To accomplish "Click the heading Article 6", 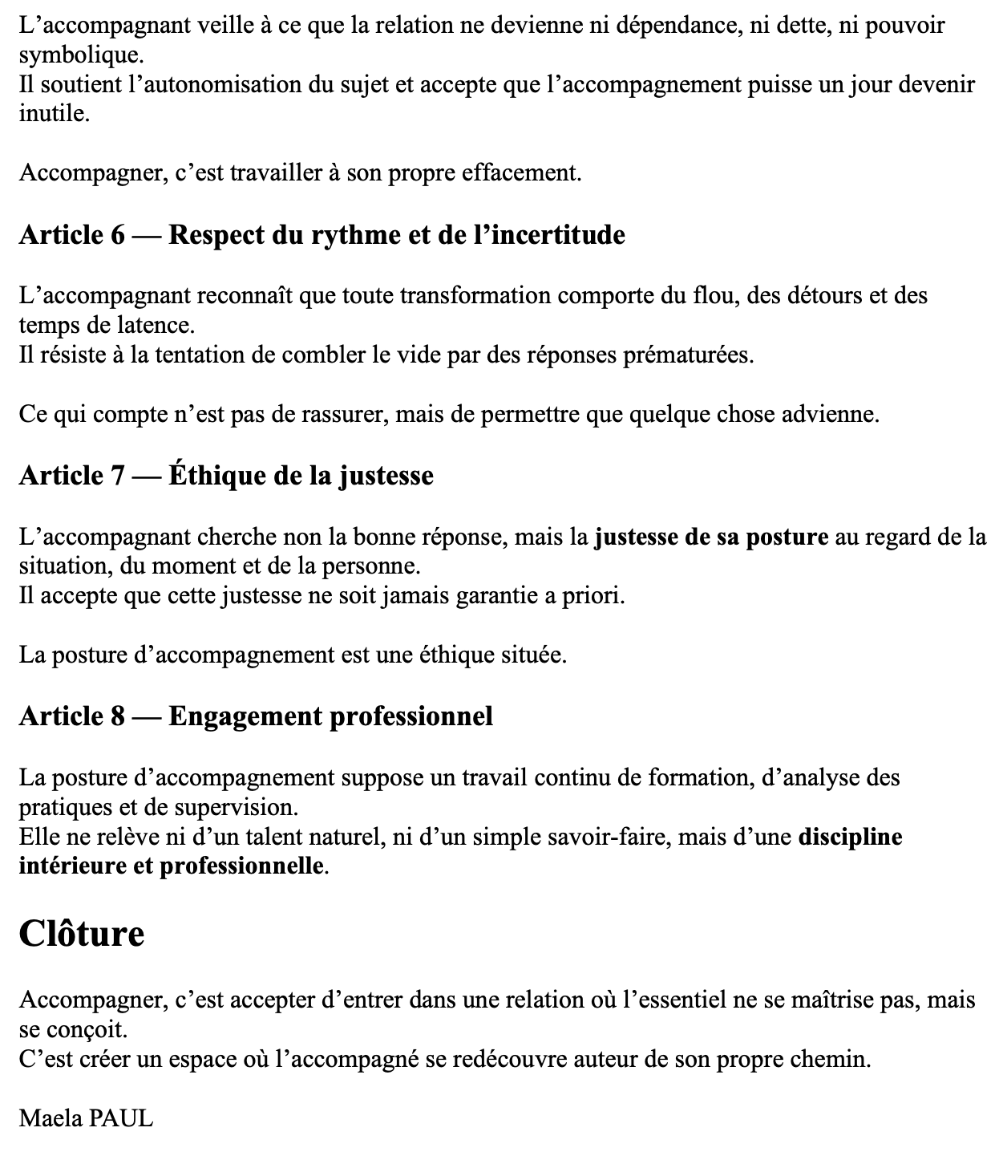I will point(322,235).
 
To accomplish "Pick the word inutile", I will point(52,114).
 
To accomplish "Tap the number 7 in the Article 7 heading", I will point(117,476).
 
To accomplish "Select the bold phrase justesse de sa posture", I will point(711,537).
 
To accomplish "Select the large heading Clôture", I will point(82,934).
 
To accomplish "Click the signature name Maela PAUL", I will point(86,1118).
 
